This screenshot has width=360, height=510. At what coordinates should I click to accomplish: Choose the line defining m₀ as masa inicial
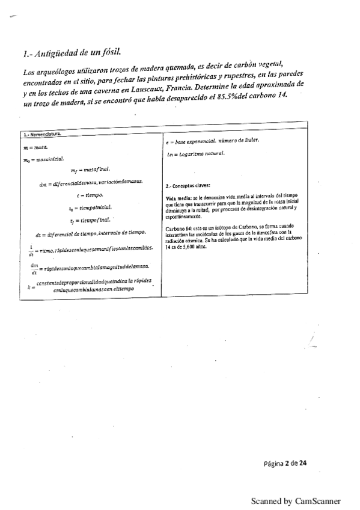(x=39, y=160)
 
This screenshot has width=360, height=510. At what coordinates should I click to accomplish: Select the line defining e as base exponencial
(x=207, y=141)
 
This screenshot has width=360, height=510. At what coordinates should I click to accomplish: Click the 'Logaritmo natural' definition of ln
(x=196, y=155)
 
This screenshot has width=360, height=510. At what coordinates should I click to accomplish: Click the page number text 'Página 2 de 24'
(x=285, y=464)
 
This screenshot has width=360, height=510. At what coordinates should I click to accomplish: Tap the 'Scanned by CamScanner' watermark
(x=295, y=500)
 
